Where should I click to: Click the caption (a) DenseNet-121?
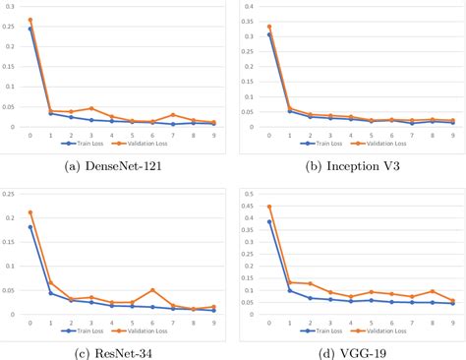(x=113, y=167)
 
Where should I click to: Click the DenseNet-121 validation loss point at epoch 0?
(x=30, y=20)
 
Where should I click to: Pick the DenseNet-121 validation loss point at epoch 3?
(x=91, y=108)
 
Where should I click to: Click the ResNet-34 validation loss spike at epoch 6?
(x=152, y=290)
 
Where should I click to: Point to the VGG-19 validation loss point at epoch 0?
(x=270, y=207)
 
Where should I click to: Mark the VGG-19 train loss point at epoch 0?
(x=270, y=221)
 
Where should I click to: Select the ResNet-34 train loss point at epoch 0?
(x=30, y=227)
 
